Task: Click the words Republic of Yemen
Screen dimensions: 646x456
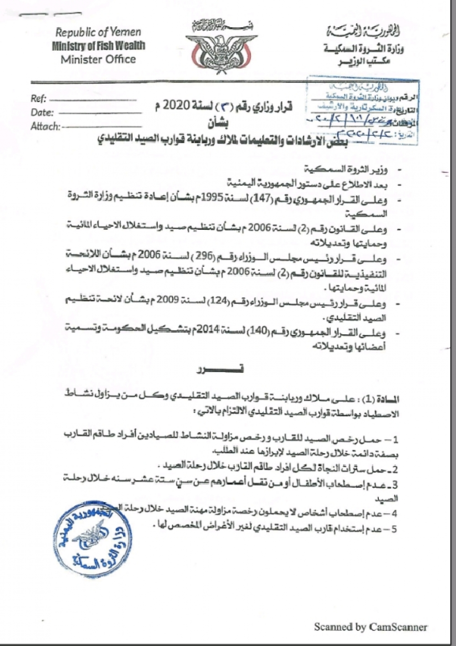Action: coord(98,32)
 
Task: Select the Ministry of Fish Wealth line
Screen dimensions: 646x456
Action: coord(98,46)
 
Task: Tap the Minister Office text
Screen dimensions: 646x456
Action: coord(98,59)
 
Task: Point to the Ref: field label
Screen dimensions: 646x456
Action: coord(39,98)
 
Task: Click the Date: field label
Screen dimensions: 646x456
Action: coord(42,113)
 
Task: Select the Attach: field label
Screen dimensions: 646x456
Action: coord(45,126)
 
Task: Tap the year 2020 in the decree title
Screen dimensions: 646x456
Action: coord(176,106)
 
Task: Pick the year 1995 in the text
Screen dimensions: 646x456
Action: coord(218,199)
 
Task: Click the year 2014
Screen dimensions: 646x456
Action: coord(218,330)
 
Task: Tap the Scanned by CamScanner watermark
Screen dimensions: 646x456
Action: coord(370,627)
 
